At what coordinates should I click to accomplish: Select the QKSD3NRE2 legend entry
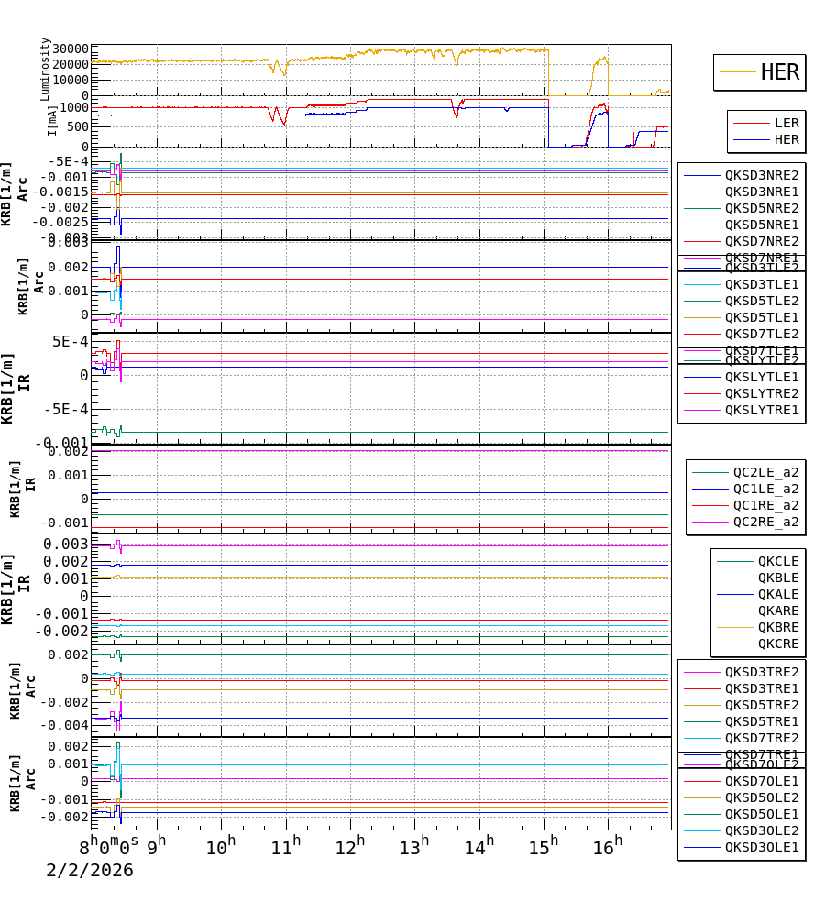(761, 175)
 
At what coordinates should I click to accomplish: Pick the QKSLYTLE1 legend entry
(761, 377)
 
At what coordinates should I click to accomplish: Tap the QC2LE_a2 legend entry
(764, 472)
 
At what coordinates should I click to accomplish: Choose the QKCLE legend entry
(777, 561)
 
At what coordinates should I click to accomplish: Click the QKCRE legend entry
(777, 643)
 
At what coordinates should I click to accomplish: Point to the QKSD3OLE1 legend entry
(761, 848)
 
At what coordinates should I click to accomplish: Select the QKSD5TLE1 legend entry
(761, 317)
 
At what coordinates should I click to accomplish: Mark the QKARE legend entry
(777, 610)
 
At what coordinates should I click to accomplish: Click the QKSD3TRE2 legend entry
(761, 672)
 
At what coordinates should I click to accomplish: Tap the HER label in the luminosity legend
(779, 72)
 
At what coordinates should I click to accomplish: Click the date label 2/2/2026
(90, 871)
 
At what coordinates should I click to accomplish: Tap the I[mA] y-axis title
(52, 120)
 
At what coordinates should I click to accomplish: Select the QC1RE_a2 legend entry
(764, 505)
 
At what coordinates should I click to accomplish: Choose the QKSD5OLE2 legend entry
(761, 797)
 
